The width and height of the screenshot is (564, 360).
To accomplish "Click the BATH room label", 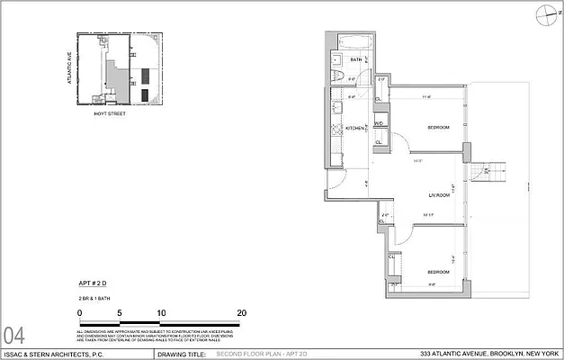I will point(355,60).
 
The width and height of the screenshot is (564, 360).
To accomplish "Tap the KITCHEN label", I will point(354,129).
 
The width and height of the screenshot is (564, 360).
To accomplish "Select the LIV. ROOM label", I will point(438,195).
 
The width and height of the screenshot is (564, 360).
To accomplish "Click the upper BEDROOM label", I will point(439,126).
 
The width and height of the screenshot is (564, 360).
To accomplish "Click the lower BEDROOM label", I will point(438,272).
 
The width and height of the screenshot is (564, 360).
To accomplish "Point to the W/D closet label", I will point(380,123).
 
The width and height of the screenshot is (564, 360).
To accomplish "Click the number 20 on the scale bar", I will point(242,312).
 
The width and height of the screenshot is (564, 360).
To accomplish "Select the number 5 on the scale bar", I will point(120,312).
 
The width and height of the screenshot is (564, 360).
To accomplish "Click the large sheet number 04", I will point(15,336).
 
